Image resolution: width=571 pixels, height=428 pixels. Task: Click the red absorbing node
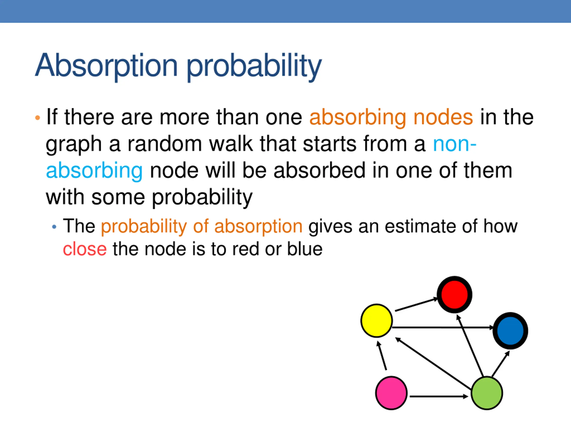tap(454, 295)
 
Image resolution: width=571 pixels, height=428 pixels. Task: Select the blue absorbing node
tap(510, 331)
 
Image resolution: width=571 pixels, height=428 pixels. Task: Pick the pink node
tap(391, 393)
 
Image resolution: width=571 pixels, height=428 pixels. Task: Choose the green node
tap(487, 393)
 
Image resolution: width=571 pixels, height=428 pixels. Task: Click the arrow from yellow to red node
tap(416, 305)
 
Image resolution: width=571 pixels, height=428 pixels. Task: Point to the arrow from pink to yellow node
tap(382, 356)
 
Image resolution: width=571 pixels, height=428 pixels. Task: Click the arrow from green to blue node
tap(501, 364)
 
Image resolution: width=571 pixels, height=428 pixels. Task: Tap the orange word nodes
tap(443, 117)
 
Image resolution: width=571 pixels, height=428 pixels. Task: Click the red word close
tap(85, 249)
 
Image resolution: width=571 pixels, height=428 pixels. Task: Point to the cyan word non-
tap(455, 144)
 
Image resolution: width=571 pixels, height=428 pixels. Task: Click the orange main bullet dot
tap(38, 118)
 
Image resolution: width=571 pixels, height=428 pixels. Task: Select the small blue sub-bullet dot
tap(54, 227)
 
